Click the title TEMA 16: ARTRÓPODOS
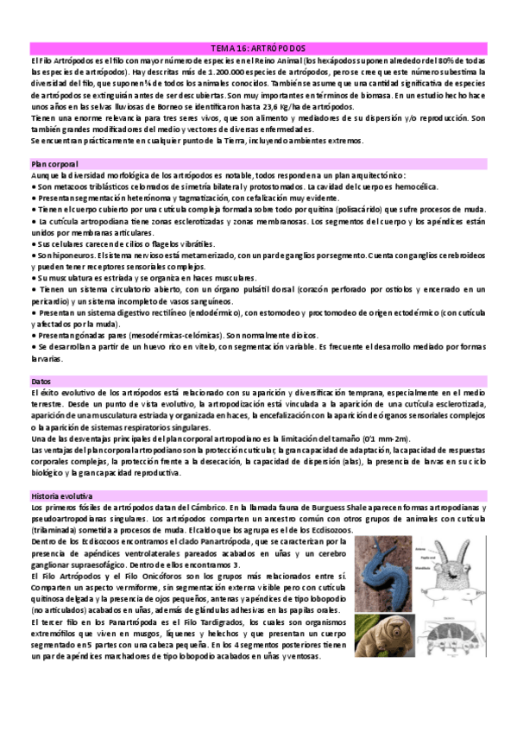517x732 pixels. [x=258, y=49]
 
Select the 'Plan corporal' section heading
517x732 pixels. [x=54, y=163]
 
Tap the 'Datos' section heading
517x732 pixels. [x=41, y=381]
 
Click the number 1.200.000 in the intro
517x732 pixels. [x=199, y=73]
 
